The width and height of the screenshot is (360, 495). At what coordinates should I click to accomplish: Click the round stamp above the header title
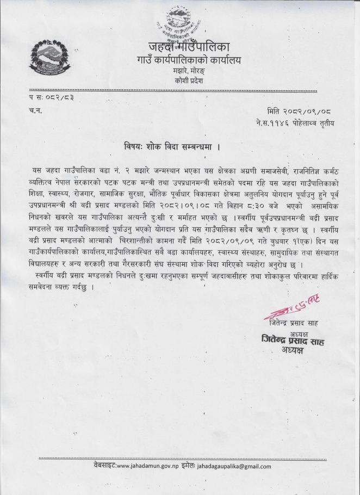(176, 28)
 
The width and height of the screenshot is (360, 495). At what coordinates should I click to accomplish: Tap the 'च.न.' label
(35, 110)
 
